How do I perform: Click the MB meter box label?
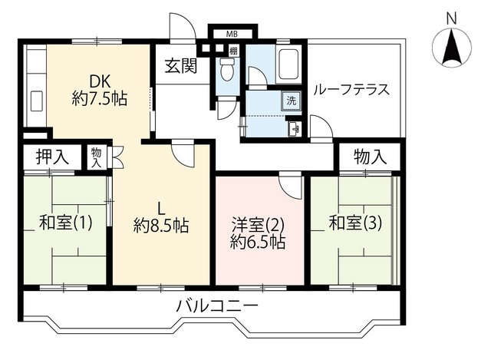pos(232,34)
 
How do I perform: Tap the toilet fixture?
pos(226,69)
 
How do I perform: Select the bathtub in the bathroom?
pos(288,64)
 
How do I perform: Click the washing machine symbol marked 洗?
pos(292,101)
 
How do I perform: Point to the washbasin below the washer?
pos(294,129)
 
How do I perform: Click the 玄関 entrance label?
pos(181,66)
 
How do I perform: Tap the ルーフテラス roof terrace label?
pos(351,90)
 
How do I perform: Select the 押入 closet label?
pos(52,157)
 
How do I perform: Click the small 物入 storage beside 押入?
pos(97,158)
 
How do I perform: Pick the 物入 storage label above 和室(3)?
pos(370,157)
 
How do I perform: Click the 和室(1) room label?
pos(66,223)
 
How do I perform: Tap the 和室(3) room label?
pos(355,223)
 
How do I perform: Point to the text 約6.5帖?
pos(258,242)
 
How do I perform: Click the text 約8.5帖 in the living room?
pos(161,226)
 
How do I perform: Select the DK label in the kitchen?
pos(100,82)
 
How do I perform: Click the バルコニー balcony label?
pos(217,306)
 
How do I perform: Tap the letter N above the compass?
pos(451,19)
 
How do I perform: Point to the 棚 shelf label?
pos(233,51)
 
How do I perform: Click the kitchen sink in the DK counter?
pos(37,101)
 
